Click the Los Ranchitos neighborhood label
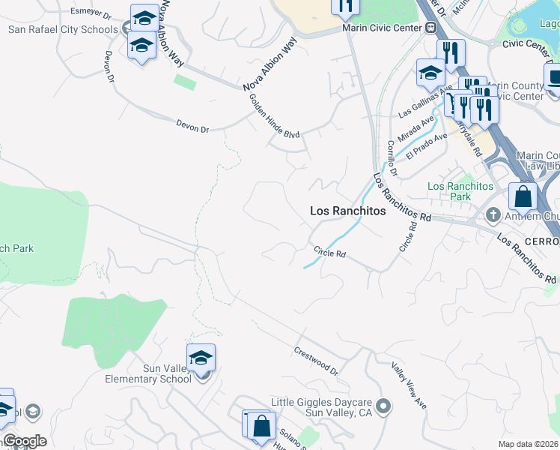348,211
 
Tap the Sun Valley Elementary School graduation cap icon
201,358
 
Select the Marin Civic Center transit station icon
430,28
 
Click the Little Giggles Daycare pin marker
383,407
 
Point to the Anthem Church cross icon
493,216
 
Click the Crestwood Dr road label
317,361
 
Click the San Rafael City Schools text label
63,30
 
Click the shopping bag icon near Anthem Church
523,196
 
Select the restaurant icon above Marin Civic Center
345,7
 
